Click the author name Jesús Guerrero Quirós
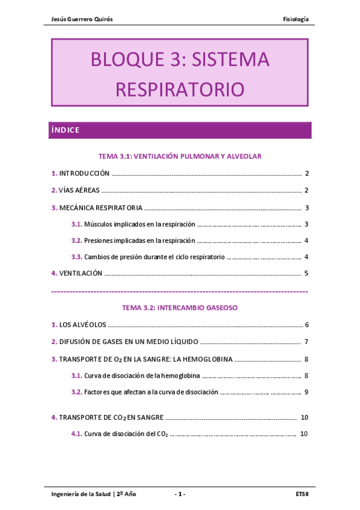point(83,19)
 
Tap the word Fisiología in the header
point(296,19)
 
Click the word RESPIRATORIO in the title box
point(180,90)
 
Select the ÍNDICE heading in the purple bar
point(66,130)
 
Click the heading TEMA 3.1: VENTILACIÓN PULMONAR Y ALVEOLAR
point(180,156)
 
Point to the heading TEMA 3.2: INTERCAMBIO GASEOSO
point(180,307)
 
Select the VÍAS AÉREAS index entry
point(79,191)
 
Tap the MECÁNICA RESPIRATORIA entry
point(100,208)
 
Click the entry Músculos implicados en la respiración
point(139,224)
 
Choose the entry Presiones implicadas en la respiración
point(139,241)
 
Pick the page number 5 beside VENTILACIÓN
point(306,274)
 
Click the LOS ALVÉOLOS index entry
point(82,325)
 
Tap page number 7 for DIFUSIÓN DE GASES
point(306,342)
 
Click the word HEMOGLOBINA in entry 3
point(209,360)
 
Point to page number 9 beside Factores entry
point(306,392)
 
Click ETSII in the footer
point(302,494)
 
